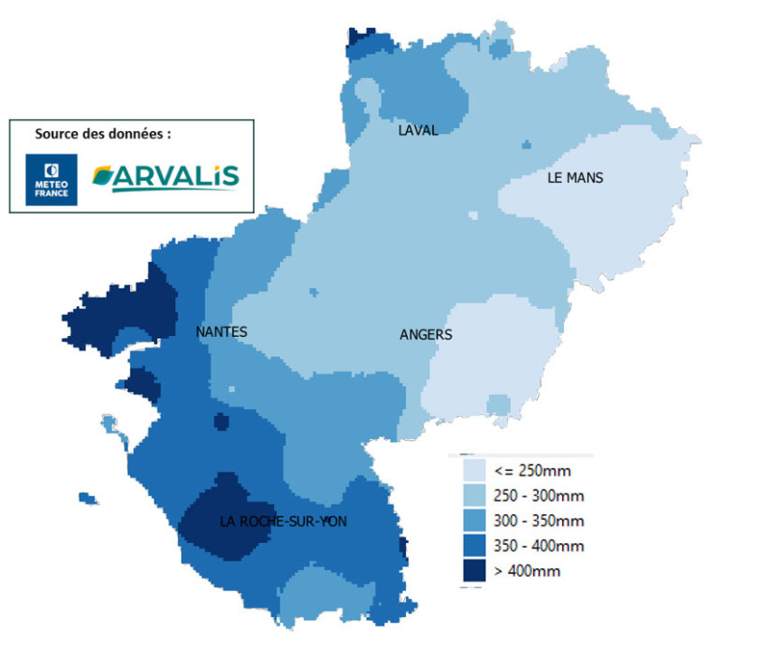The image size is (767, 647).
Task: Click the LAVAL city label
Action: [417, 130]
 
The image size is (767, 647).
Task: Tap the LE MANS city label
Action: [575, 178]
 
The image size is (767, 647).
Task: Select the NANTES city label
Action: [222, 331]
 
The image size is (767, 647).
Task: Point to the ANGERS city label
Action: [426, 334]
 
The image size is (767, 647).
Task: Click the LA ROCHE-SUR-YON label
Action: [282, 522]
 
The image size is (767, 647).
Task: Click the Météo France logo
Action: [51, 179]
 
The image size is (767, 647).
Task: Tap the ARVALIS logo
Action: [166, 177]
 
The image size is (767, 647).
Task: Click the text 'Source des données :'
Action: [103, 134]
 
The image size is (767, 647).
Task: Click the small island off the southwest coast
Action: [89, 498]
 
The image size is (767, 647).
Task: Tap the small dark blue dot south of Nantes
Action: [221, 422]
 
